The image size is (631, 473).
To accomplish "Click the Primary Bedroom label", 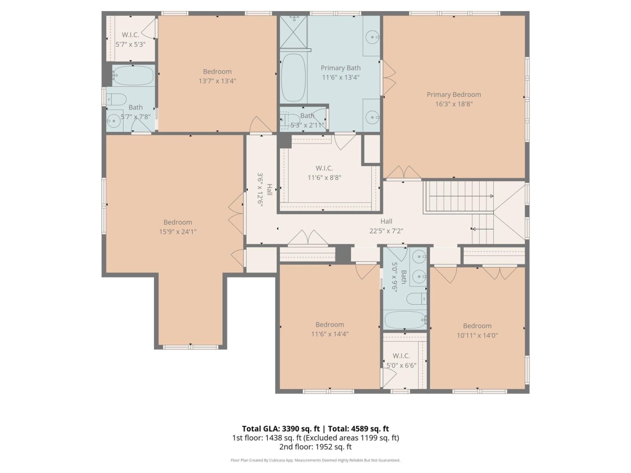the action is click(454, 95).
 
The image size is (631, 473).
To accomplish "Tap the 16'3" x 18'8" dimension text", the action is click(454, 104).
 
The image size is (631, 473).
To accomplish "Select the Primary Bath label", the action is click(341, 68).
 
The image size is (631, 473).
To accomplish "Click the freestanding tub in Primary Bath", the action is click(293, 78).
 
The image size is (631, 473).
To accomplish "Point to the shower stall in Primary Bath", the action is click(293, 32).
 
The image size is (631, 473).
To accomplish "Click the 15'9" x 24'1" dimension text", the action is click(178, 231).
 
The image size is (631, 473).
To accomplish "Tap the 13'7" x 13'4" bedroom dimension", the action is click(217, 81).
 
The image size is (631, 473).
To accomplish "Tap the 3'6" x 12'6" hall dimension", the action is click(260, 190).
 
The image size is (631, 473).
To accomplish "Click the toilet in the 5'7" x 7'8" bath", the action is click(116, 99).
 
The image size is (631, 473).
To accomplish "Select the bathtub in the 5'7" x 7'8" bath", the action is click(133, 76).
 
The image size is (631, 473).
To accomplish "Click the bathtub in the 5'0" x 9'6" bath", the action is click(405, 320).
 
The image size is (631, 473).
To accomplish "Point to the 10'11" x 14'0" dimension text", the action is click(477, 335).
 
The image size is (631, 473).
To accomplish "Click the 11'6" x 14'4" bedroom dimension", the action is click(330, 334).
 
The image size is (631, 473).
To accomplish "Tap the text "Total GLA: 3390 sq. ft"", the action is click(281, 429).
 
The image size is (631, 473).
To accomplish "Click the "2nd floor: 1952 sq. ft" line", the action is click(315, 447).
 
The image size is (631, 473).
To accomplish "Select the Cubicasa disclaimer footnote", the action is click(315, 460).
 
